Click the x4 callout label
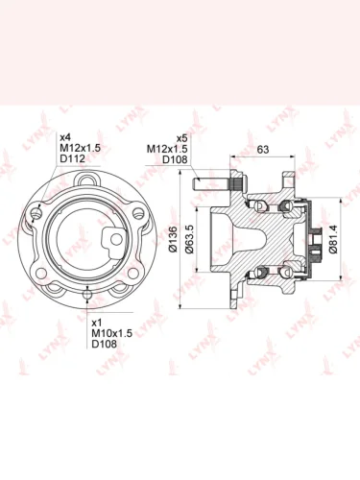click(65, 137)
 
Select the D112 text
click(73, 158)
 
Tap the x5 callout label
click(181, 138)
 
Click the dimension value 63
click(263, 150)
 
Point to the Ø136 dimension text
click(173, 239)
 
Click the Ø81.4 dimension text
click(333, 239)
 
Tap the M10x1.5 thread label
click(112, 333)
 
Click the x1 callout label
click(97, 323)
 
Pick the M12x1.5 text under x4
click(81, 148)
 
